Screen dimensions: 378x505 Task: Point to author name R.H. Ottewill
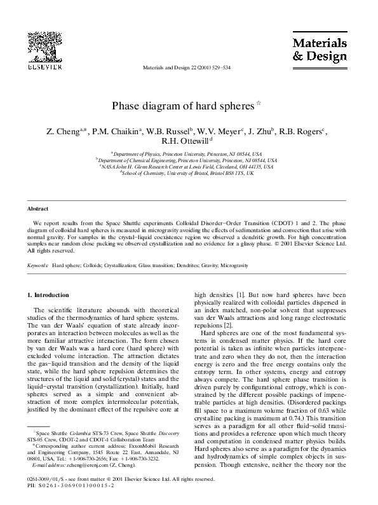[188, 142]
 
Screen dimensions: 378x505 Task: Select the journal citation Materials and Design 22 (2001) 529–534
[188, 66]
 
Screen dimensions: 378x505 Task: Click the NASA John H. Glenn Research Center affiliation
[189, 166]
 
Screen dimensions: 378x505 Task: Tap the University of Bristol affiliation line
[189, 172]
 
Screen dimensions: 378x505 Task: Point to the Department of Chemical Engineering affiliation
[189, 160]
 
